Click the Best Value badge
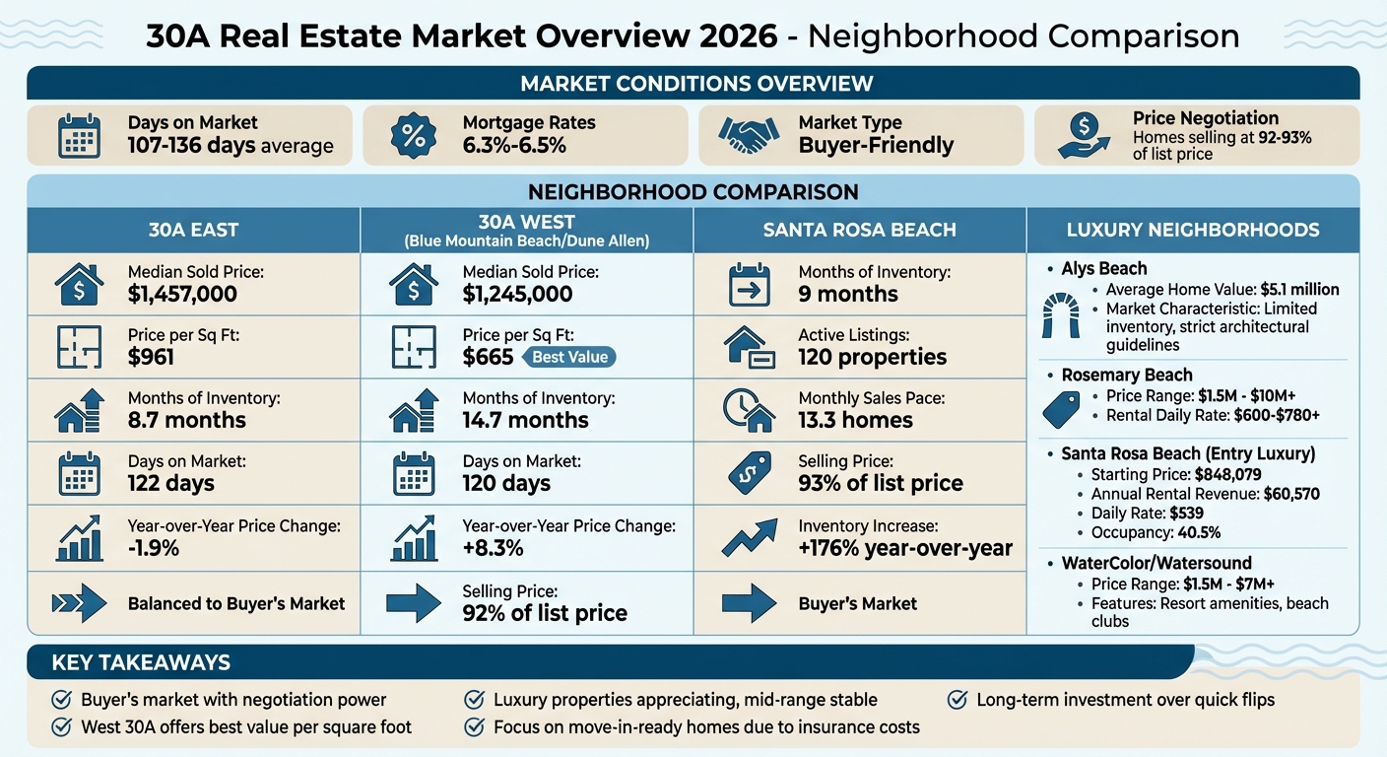569,357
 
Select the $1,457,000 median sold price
182,294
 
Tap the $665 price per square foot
488,357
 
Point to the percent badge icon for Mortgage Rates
414,135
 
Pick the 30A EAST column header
193,230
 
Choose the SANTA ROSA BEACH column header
859,230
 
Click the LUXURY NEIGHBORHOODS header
1192,230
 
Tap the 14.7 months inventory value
525,420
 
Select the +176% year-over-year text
904,548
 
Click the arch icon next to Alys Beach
1061,315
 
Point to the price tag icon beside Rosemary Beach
1061,408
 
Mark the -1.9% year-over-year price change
154,548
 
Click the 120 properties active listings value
872,357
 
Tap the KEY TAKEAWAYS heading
141,662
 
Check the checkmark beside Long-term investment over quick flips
957,700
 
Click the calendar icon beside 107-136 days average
79,135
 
